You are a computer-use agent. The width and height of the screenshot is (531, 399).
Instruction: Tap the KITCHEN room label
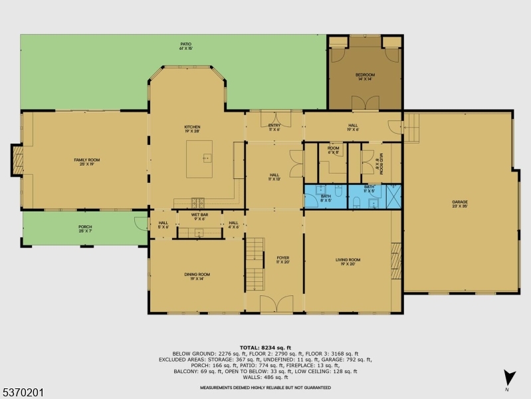192,128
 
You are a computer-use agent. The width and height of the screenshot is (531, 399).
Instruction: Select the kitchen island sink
207,158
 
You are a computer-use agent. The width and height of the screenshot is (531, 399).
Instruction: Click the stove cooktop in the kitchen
197,202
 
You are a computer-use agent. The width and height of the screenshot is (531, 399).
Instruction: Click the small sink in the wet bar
199,231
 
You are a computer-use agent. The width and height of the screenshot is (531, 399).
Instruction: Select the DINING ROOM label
197,276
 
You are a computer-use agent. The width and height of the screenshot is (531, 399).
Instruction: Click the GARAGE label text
460,203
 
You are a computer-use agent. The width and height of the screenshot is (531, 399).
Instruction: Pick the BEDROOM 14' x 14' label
365,76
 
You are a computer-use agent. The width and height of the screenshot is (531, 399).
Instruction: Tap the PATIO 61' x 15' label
185,46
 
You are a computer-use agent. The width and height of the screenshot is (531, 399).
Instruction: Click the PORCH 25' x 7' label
86,229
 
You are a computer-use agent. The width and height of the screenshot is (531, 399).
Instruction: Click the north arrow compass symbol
508,377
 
